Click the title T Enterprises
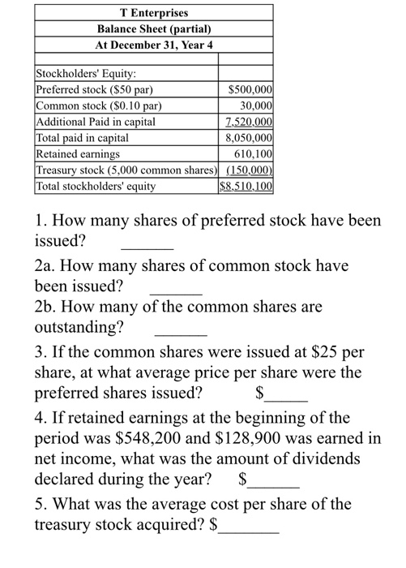(x=153, y=13)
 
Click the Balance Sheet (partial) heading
(x=153, y=28)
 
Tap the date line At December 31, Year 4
(x=153, y=44)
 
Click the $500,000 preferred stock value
(x=251, y=90)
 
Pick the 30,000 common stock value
(x=257, y=106)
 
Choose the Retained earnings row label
(x=78, y=153)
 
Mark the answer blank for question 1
(x=147, y=245)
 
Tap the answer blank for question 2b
(x=181, y=333)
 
